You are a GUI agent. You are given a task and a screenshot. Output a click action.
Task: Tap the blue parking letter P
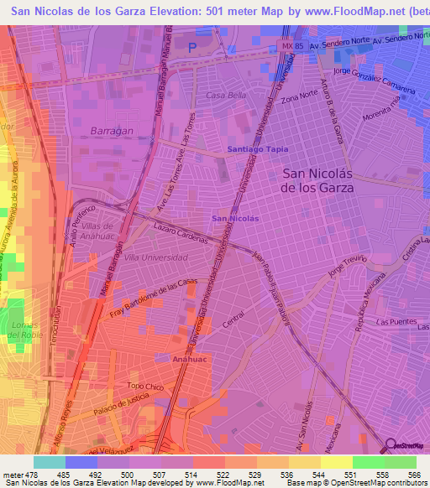click(x=191, y=48)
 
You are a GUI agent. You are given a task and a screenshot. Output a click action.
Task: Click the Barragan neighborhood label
click(x=107, y=131)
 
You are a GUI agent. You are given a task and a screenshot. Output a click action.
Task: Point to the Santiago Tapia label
click(x=258, y=148)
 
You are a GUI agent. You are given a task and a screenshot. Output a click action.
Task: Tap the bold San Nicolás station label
click(x=235, y=218)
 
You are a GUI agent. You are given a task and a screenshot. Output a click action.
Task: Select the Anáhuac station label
click(x=189, y=357)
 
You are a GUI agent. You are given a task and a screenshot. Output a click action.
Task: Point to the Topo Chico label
click(x=143, y=387)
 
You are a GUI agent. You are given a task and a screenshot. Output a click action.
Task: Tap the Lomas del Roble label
click(x=24, y=330)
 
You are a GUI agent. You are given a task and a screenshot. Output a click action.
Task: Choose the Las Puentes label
click(x=393, y=322)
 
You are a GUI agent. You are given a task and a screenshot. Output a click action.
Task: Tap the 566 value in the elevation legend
click(x=412, y=474)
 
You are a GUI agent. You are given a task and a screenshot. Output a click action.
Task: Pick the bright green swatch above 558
click(x=369, y=462)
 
